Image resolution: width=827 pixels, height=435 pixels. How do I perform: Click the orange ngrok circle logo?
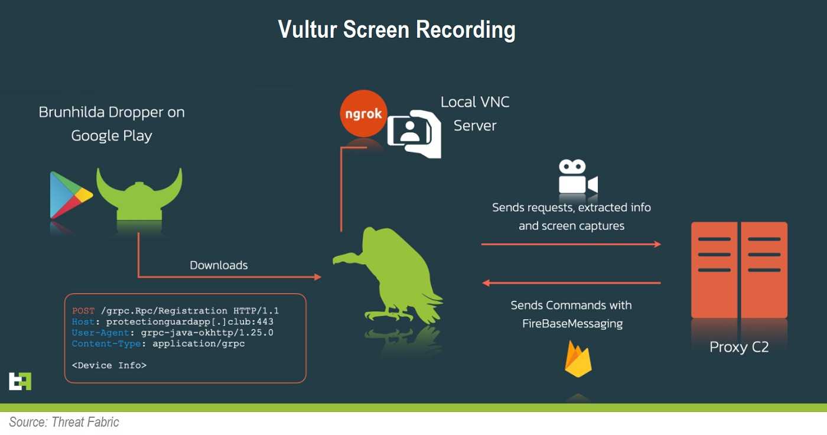click(x=363, y=113)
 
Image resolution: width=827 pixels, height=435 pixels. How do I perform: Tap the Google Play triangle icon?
click(x=70, y=194)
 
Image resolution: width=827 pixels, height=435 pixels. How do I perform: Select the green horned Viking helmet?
click(x=139, y=194)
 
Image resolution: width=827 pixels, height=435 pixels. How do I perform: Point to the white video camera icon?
click(x=578, y=177)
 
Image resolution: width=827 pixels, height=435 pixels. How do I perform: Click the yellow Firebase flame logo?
click(x=578, y=359)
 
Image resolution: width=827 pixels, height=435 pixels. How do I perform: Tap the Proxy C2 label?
click(x=739, y=347)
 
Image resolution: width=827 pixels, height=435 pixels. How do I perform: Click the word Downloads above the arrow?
click(x=219, y=265)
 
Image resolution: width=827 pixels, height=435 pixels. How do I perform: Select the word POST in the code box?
click(x=83, y=310)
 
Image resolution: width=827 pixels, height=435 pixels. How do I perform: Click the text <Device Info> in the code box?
click(x=109, y=365)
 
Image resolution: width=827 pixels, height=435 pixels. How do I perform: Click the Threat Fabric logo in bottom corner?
click(x=20, y=381)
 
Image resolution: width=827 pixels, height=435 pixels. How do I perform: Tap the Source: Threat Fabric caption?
click(x=64, y=422)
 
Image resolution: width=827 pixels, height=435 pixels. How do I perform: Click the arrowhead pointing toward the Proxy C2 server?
click(x=657, y=244)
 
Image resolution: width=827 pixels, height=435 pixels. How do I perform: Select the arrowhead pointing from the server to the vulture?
click(x=486, y=283)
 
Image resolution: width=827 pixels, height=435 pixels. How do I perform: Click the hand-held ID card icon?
click(x=414, y=134)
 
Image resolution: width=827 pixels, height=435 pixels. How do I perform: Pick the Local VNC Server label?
click(x=475, y=113)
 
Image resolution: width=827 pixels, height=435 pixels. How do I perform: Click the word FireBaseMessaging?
click(x=572, y=324)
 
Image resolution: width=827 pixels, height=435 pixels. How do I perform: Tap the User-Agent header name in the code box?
click(x=100, y=333)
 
